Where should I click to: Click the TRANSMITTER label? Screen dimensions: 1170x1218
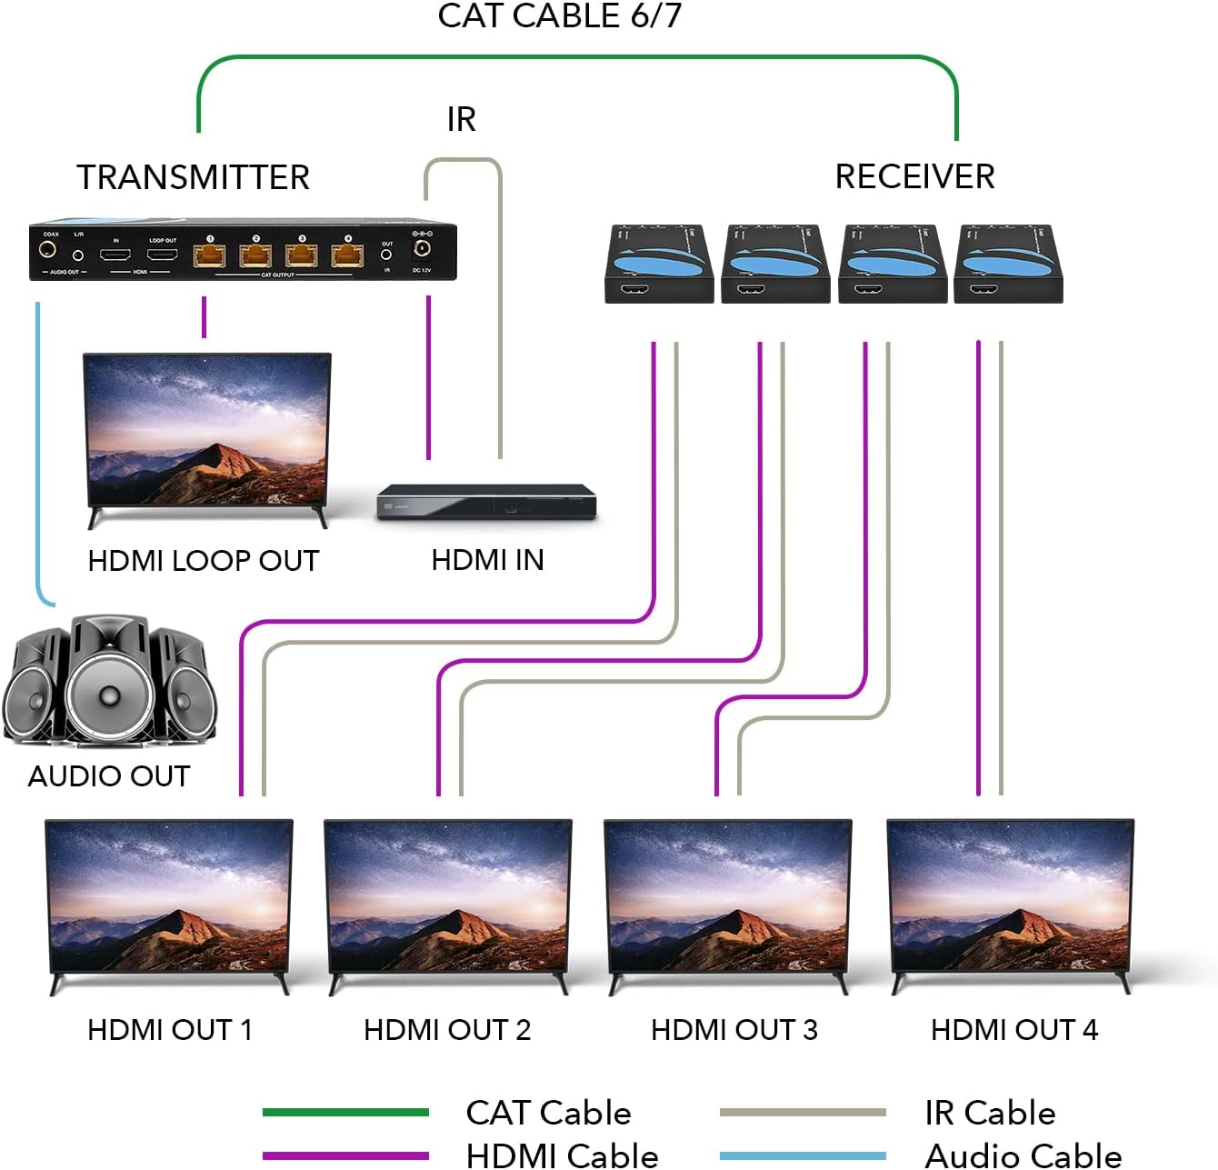(193, 177)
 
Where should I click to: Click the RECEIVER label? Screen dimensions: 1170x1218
(914, 176)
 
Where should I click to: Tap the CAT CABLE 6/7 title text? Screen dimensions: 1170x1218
(559, 16)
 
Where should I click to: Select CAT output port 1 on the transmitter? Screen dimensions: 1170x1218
(210, 255)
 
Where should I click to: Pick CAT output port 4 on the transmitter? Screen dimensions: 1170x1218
(347, 255)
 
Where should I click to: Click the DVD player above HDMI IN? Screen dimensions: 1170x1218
(487, 503)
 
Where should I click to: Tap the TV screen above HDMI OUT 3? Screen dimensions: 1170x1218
(727, 896)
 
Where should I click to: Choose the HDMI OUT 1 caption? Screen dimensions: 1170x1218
(170, 1030)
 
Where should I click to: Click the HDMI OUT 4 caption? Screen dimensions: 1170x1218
(1014, 1030)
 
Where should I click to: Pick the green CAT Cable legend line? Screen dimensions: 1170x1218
(345, 1112)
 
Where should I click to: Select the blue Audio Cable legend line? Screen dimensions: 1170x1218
(803, 1155)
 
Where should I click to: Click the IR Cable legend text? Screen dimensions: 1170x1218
(990, 1113)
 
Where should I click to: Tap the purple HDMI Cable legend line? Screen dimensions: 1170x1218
(345, 1155)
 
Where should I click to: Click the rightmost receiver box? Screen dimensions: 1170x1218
(1009, 265)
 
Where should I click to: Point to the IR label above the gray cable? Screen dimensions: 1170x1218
(461, 119)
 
